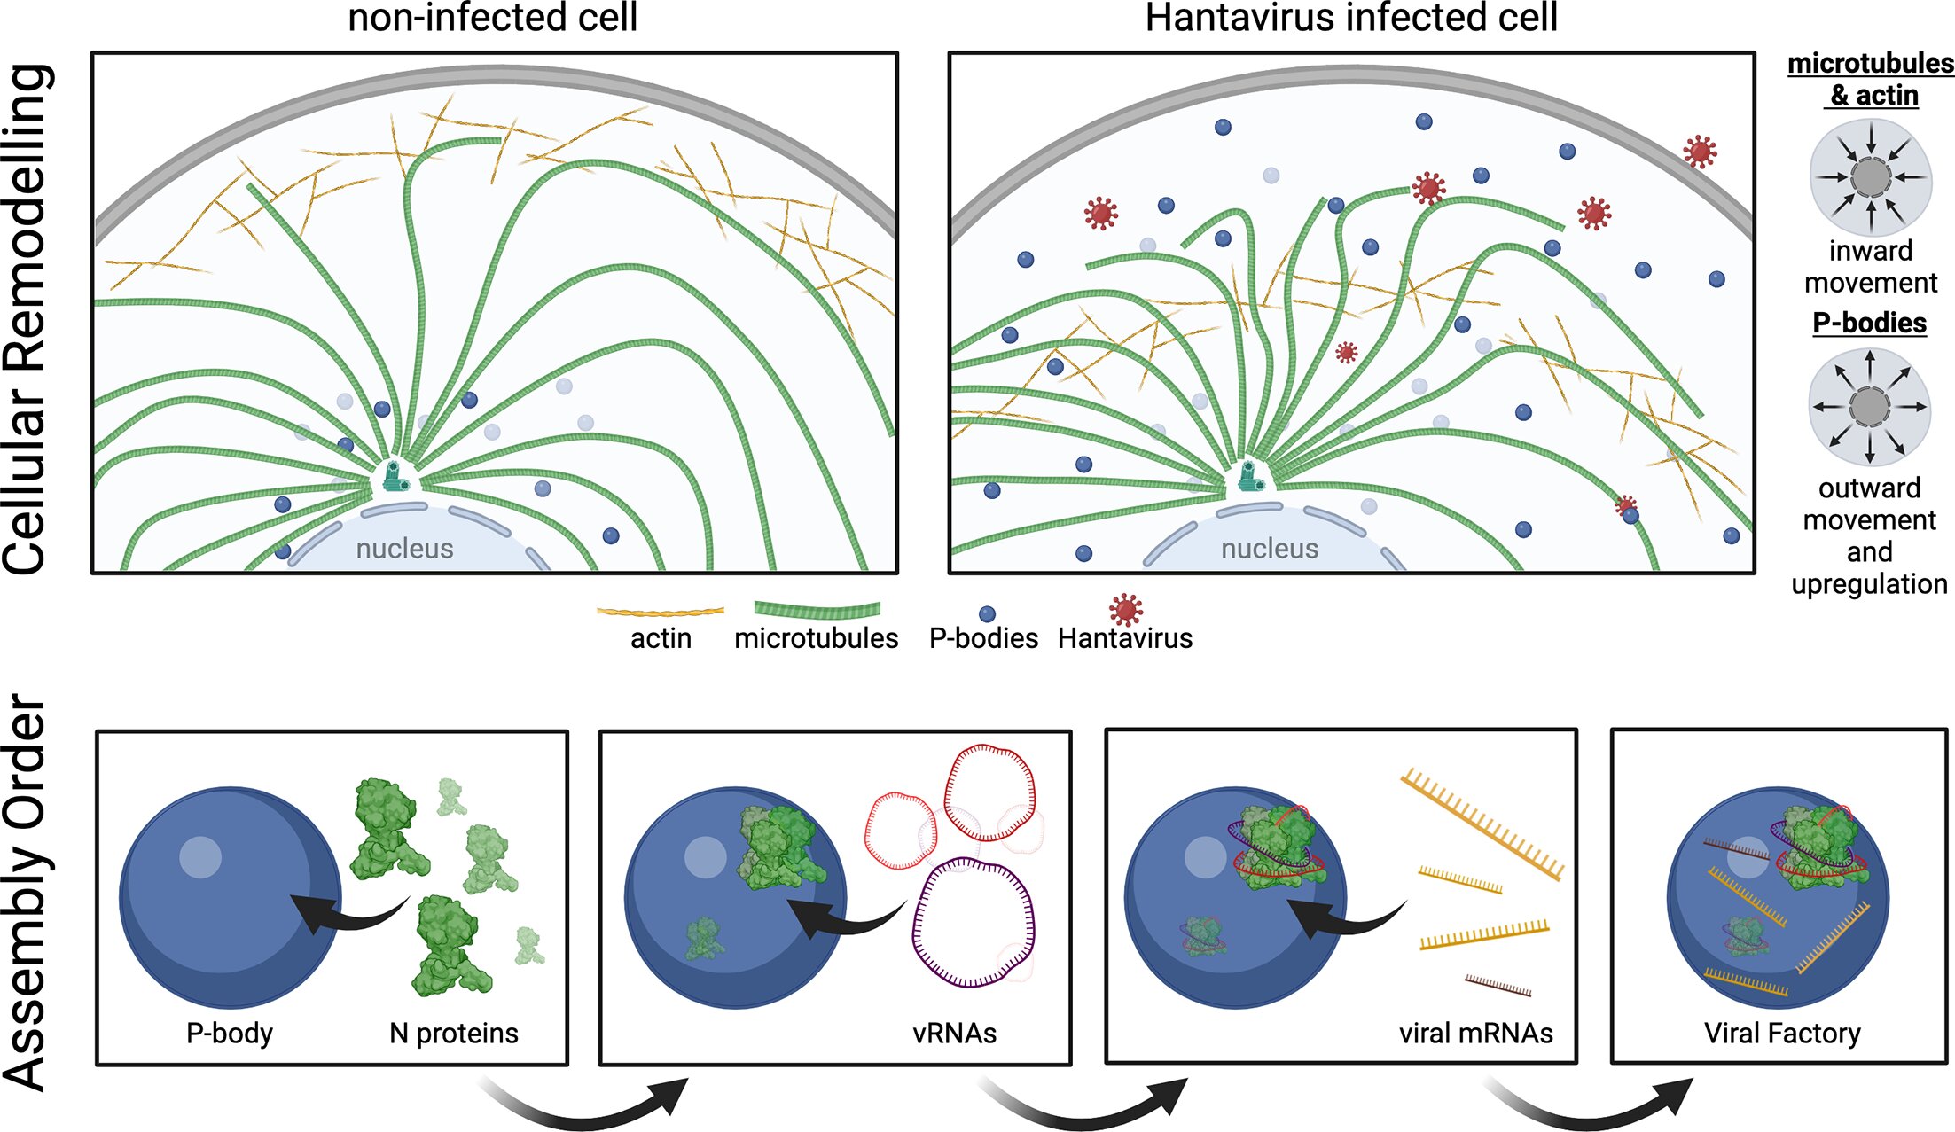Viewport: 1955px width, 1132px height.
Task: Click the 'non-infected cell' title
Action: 492,18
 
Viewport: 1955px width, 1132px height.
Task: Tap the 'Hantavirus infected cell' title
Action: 1350,18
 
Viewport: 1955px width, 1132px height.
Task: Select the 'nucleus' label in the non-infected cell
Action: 404,549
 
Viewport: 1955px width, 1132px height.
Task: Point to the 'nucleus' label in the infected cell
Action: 1269,549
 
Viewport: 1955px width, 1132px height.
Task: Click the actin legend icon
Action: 660,612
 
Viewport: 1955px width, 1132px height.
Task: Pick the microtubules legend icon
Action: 817,610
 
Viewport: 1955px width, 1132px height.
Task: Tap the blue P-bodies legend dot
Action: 987,614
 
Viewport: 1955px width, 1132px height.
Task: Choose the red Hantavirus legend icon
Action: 1125,609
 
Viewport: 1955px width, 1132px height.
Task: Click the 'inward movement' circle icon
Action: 1870,177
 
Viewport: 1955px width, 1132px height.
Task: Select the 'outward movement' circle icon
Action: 1870,407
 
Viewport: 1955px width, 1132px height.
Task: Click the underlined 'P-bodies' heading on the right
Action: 1869,323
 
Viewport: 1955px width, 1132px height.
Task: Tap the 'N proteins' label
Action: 453,1033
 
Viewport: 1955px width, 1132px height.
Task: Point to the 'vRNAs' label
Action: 954,1033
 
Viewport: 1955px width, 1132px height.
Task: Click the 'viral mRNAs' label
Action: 1475,1033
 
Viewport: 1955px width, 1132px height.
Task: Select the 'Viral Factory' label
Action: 1782,1033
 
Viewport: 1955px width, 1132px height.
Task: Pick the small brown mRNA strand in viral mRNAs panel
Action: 1498,985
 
